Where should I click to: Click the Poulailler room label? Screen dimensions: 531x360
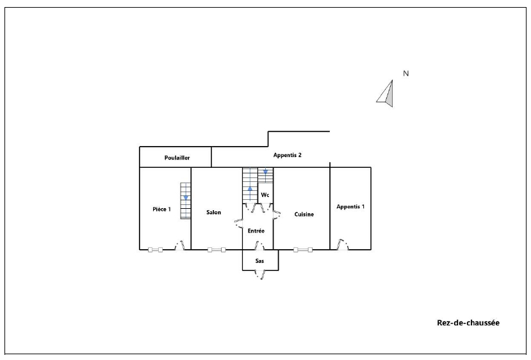[177, 158]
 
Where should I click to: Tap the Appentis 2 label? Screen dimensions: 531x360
[287, 155]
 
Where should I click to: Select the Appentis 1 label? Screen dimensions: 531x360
[350, 207]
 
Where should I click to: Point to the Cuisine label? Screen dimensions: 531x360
[304, 215]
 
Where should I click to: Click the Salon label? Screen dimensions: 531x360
[214, 212]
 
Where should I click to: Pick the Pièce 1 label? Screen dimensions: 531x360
[161, 209]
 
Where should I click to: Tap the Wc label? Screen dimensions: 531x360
[265, 195]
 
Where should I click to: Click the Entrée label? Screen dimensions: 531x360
[256, 231]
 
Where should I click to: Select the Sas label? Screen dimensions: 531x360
[259, 261]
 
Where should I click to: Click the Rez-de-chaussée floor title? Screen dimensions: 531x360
[468, 323]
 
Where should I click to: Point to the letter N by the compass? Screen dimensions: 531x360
[405, 73]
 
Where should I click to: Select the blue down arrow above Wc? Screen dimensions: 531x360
[265, 172]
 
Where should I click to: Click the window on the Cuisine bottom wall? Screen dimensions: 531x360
[303, 250]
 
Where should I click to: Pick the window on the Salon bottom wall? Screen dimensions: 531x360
[216, 250]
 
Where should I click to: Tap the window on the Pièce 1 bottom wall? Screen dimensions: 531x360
[156, 250]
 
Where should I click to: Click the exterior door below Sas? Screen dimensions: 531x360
[259, 274]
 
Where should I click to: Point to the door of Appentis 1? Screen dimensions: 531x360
[342, 245]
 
